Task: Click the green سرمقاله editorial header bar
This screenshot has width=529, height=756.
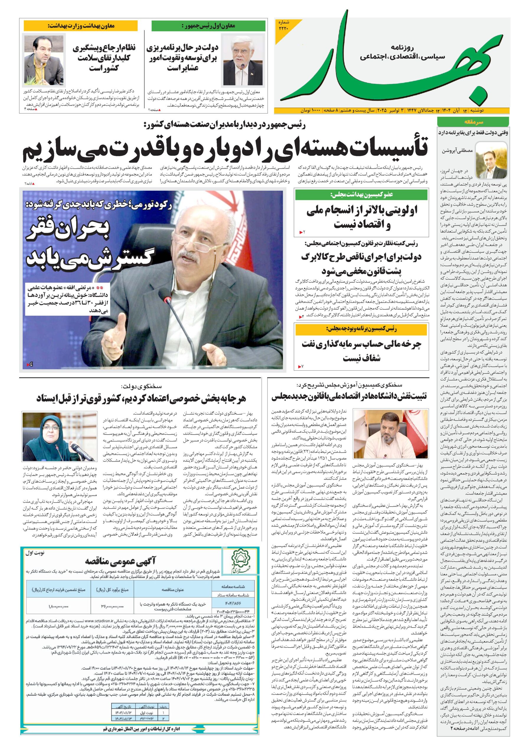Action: pos(472,122)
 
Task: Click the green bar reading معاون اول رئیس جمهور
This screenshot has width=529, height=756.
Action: pos(208,26)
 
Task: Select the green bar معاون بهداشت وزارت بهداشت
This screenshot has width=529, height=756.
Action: pos(81,25)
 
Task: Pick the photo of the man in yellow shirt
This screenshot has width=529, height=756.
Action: pos(44,60)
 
